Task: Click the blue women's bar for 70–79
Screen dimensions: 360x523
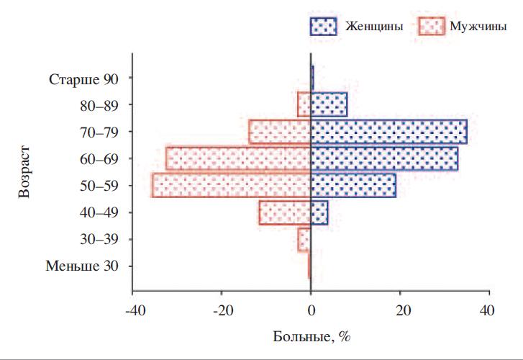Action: (x=388, y=132)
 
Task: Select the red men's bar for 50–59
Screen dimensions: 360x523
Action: (x=232, y=186)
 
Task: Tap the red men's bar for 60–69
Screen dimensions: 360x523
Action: (x=238, y=158)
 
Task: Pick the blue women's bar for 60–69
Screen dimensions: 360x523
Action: (x=384, y=158)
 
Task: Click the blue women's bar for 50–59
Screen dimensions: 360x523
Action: (x=353, y=186)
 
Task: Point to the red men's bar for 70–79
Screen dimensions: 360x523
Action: (x=280, y=132)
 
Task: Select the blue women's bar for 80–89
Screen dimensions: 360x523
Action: (x=329, y=104)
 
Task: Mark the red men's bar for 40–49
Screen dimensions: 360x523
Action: (x=285, y=212)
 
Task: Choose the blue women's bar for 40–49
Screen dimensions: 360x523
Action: (x=319, y=212)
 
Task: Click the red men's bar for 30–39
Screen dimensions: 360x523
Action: (x=305, y=239)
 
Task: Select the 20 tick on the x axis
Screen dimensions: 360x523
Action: (x=400, y=311)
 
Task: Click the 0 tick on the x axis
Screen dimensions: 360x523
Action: (x=311, y=311)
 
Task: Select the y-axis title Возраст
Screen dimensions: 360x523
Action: (x=25, y=172)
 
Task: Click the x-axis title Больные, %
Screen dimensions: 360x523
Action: (x=311, y=336)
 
